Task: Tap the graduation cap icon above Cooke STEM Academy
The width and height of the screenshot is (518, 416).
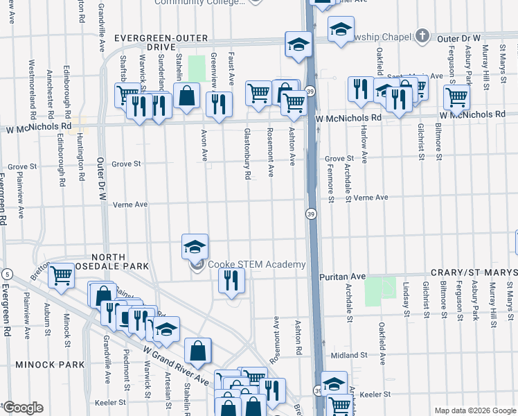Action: [195, 246]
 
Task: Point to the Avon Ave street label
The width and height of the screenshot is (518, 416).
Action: [204, 146]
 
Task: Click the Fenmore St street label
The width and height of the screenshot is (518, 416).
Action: [331, 180]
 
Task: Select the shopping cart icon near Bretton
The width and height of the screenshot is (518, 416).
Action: [62, 275]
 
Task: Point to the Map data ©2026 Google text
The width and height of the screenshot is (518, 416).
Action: [474, 410]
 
